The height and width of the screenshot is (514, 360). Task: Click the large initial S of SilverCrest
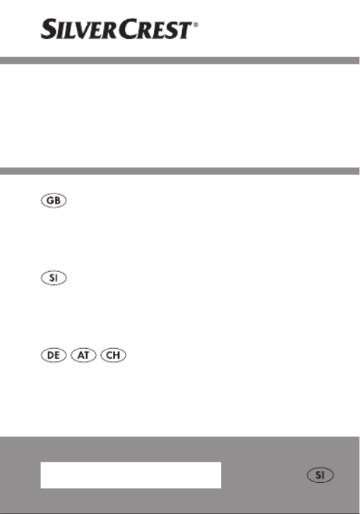pyautogui.click(x=48, y=28)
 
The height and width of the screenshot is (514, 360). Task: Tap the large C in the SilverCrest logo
pyautogui.click(x=126, y=28)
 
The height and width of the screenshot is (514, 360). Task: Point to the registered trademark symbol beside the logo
pyautogui.click(x=196, y=25)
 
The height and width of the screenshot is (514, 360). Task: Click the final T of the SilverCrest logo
pyautogui.click(x=185, y=30)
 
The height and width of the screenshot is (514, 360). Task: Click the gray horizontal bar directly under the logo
pyautogui.click(x=180, y=61)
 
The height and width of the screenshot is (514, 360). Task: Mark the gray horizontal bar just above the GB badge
pyautogui.click(x=180, y=171)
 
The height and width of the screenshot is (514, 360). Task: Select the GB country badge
pyautogui.click(x=54, y=201)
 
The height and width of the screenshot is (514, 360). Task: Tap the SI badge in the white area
pyautogui.click(x=54, y=278)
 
